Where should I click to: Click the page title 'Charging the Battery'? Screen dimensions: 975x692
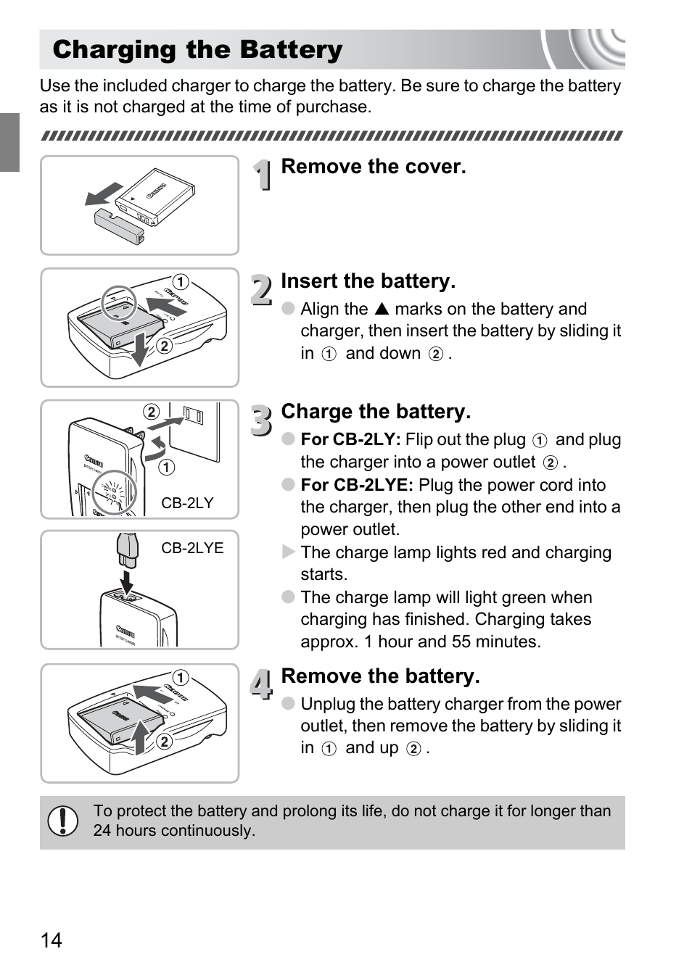(x=197, y=50)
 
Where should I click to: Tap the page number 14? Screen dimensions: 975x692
(x=52, y=940)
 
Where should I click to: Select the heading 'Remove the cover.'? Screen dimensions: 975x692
(x=373, y=167)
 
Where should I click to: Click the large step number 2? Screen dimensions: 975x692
(x=262, y=289)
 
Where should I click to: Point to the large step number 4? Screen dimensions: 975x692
(x=262, y=684)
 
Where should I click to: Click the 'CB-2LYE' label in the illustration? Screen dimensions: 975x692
(x=192, y=548)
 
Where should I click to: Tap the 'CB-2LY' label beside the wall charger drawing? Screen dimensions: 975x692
(x=187, y=503)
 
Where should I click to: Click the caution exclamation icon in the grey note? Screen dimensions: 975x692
(x=63, y=821)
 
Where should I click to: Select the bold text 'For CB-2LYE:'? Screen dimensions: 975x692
(x=357, y=485)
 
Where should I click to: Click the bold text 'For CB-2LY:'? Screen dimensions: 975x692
(x=350, y=439)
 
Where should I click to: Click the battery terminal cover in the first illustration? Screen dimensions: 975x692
(x=120, y=225)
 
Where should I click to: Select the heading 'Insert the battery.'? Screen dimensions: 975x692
(x=368, y=281)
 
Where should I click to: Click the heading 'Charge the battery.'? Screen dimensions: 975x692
(x=376, y=412)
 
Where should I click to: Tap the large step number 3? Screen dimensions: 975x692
(x=262, y=420)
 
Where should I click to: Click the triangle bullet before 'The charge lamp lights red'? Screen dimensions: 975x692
(x=288, y=552)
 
